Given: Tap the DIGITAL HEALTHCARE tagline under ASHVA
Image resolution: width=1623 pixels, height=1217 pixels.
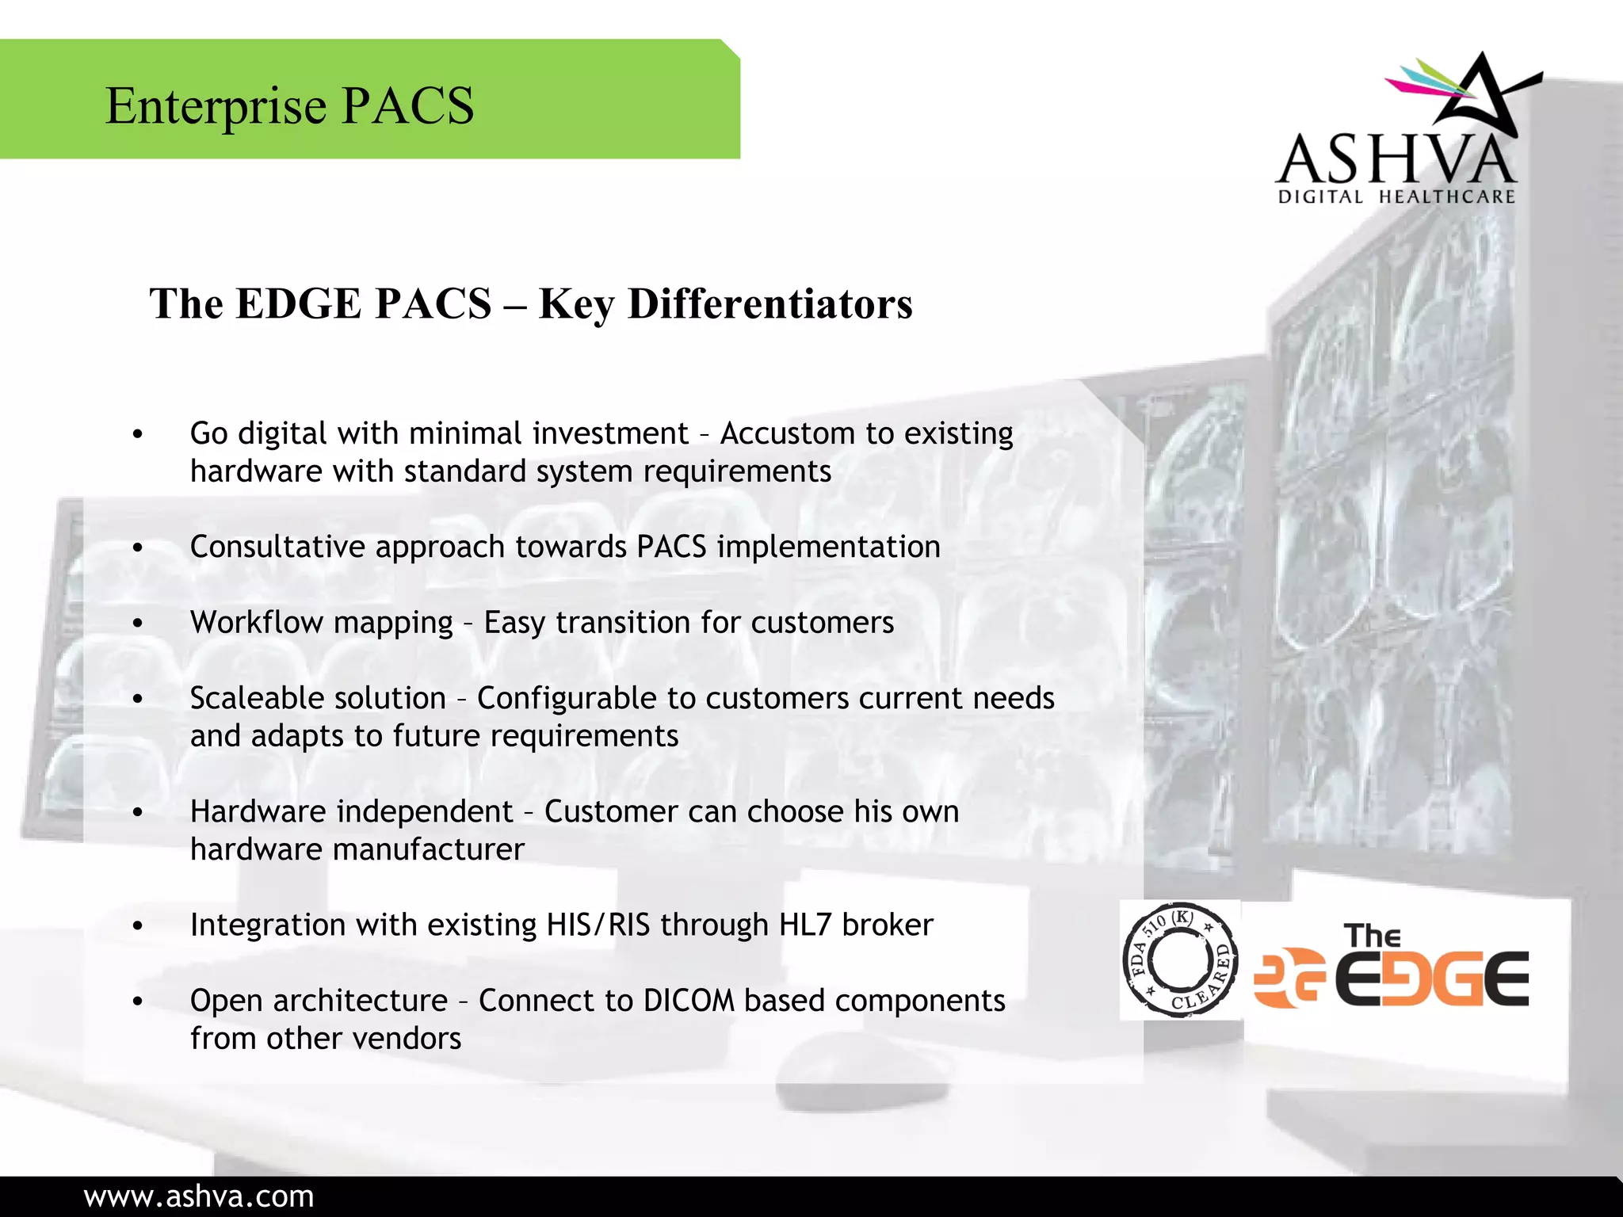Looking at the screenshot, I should (1396, 196).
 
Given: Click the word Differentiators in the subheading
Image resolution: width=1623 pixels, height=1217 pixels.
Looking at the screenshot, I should (769, 304).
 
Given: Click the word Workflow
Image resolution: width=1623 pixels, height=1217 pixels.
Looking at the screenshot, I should (253, 623).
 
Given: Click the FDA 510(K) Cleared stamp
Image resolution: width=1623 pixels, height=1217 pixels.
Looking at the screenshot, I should (1180, 960).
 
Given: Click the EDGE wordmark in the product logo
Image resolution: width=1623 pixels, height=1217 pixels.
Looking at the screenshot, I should (1431, 979).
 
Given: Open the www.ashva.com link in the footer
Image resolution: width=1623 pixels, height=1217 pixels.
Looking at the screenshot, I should (199, 1196).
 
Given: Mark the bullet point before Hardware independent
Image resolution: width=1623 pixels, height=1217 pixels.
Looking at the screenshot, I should (138, 813).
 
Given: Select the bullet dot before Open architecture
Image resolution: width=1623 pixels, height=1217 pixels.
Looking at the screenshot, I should (138, 1002).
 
